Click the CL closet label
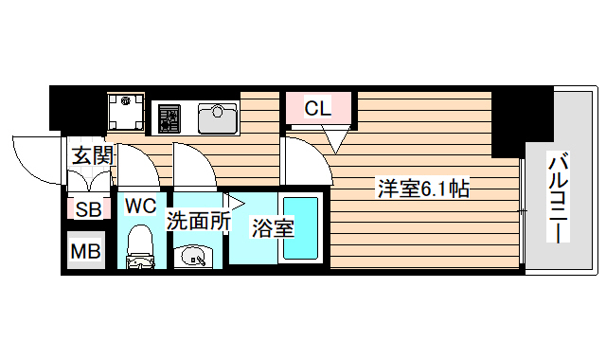point(317,108)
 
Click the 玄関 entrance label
point(93,154)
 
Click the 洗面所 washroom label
point(199,221)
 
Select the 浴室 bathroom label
point(272,227)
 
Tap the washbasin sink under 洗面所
point(195,255)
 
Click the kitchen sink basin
point(217,117)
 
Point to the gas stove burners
point(170,117)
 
